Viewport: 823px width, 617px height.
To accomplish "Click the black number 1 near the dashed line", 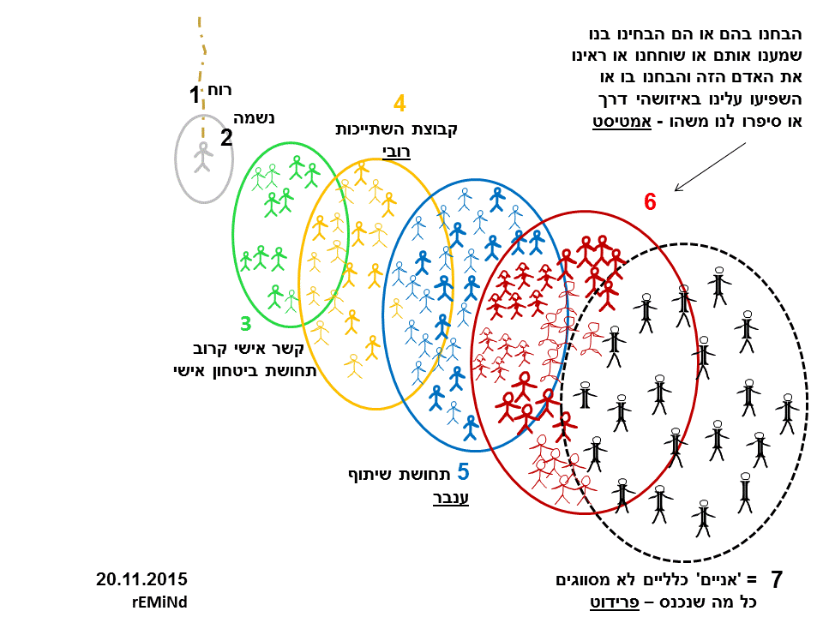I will click(195, 95).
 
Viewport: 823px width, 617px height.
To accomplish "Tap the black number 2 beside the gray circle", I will click(226, 137).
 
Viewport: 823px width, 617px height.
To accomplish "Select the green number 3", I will click(246, 324).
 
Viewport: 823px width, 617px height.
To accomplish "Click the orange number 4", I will click(399, 104).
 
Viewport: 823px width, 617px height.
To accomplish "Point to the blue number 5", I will click(463, 471).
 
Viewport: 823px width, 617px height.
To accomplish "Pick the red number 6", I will click(650, 202).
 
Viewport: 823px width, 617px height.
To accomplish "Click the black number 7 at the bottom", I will click(777, 580).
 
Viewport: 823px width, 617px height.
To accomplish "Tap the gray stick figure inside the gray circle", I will click(203, 158).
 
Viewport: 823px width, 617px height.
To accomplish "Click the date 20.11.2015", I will click(141, 579).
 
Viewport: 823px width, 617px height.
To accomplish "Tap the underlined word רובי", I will click(396, 152).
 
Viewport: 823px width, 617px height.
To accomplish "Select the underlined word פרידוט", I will click(620, 602).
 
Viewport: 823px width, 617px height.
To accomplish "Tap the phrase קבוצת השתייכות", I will click(396, 129).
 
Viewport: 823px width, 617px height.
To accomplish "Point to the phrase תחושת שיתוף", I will click(397, 474).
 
